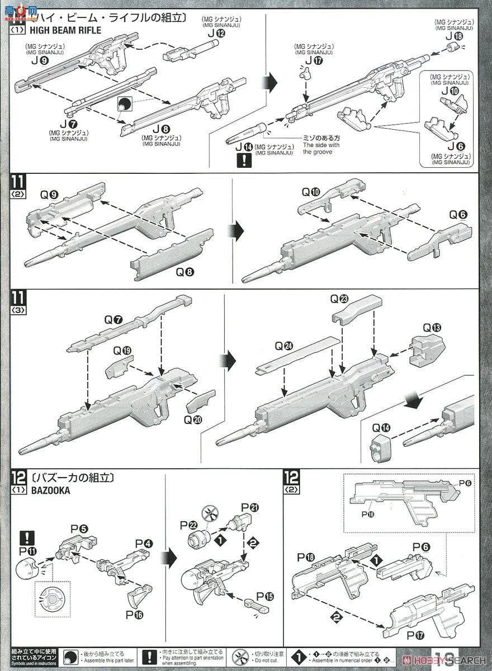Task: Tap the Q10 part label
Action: click(x=311, y=192)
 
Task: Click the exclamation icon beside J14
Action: click(x=244, y=161)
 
